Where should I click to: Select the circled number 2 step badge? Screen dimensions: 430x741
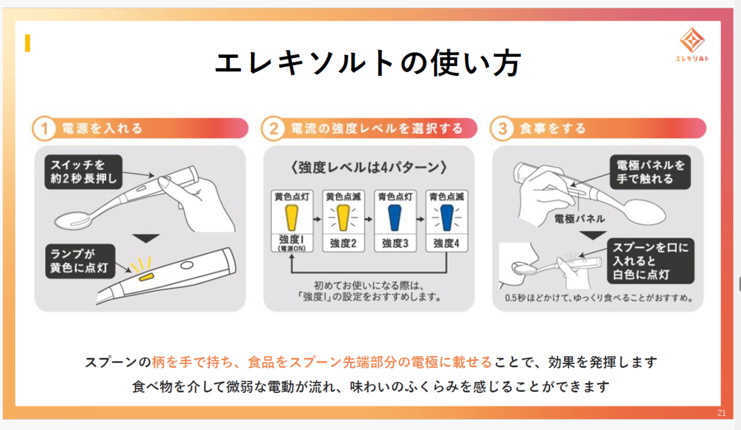272,129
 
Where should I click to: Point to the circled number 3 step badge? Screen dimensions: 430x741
502,129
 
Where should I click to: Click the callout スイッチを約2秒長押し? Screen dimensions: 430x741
83,172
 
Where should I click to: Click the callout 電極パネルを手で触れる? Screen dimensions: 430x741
648,172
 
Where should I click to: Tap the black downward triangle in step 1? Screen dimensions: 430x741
147,238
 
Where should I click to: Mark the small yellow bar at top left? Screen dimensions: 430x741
27,43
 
